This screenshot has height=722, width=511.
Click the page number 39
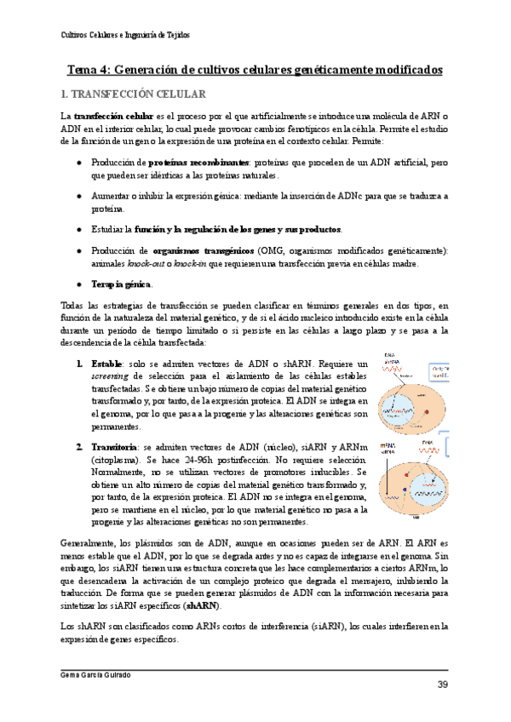tap(442, 685)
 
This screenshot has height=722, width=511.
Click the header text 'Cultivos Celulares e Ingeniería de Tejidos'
tap(126, 36)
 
